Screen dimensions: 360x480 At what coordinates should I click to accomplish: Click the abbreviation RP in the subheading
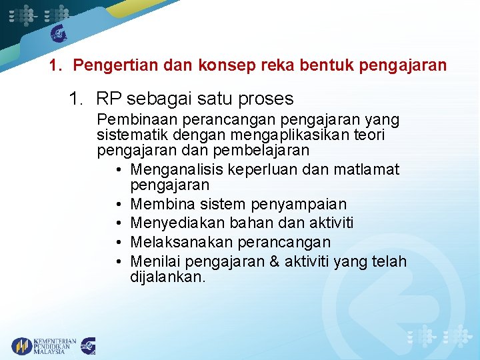[109, 99]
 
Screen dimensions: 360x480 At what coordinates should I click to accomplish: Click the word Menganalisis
[177, 169]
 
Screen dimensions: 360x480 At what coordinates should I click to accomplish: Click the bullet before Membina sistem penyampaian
[118, 204]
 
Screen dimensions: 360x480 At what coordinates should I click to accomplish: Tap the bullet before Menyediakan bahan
[118, 223]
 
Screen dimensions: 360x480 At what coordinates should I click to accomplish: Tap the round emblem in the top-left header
[59, 33]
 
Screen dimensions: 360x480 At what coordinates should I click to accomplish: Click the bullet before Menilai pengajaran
[118, 261]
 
